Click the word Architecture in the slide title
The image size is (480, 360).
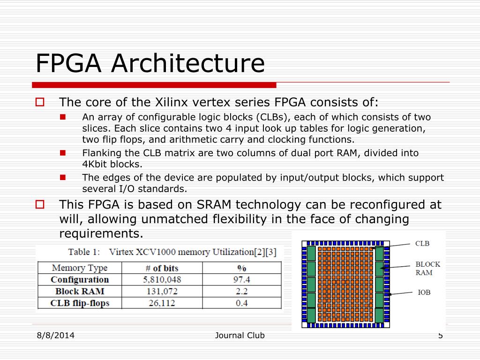[x=187, y=63]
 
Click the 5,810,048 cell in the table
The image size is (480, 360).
[x=162, y=280]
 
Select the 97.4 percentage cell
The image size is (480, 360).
[x=242, y=280]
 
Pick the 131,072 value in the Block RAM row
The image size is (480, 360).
[x=162, y=292]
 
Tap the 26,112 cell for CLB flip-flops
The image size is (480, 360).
[x=162, y=303]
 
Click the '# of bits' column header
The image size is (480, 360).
[x=162, y=268]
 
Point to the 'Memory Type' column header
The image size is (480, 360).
[x=79, y=268]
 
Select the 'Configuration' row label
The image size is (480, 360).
[x=79, y=280]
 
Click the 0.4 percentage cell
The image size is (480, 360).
[x=242, y=303]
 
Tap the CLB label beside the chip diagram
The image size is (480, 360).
[x=422, y=244]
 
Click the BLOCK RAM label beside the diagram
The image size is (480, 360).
[x=427, y=268]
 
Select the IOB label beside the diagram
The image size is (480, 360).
[x=424, y=292]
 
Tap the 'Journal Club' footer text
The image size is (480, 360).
[x=240, y=335]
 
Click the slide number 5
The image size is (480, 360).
[x=440, y=335]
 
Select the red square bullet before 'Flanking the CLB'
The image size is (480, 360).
[x=63, y=153]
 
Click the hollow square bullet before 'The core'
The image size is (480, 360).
[x=40, y=102]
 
